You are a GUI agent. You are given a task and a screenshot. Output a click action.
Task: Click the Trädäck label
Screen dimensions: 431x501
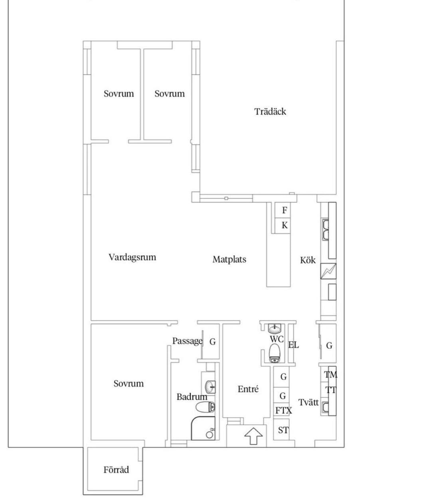click(270, 112)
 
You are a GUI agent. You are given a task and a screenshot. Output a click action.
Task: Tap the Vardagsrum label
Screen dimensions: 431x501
click(132, 257)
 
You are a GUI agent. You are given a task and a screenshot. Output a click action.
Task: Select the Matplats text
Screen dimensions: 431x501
click(229, 259)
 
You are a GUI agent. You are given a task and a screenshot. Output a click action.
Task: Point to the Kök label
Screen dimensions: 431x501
click(308, 260)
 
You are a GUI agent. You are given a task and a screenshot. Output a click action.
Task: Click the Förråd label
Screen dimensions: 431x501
click(116, 470)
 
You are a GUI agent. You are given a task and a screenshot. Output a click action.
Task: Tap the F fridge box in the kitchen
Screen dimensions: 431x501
click(283, 210)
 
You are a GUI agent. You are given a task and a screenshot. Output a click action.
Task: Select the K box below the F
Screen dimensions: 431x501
click(283, 226)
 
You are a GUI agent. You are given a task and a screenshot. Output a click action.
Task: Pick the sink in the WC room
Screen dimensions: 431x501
click(275, 328)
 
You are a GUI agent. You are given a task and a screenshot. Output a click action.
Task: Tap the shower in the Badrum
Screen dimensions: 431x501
click(203, 428)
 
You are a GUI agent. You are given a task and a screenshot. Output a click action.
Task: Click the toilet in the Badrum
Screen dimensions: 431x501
click(205, 407)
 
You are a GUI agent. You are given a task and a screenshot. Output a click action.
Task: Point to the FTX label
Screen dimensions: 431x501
click(283, 411)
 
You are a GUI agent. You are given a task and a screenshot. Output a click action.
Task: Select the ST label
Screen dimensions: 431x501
click(283, 430)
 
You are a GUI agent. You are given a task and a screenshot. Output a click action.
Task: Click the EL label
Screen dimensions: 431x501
click(293, 345)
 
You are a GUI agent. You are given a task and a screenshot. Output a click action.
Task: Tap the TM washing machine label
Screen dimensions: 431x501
click(330, 375)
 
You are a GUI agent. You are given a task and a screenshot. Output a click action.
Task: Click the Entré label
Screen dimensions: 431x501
click(248, 389)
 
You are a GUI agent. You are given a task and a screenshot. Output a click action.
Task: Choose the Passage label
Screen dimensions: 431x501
click(187, 341)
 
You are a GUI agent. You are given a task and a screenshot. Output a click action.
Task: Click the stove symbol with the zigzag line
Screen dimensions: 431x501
click(328, 271)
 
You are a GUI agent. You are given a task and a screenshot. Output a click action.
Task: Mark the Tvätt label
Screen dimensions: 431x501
click(308, 402)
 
